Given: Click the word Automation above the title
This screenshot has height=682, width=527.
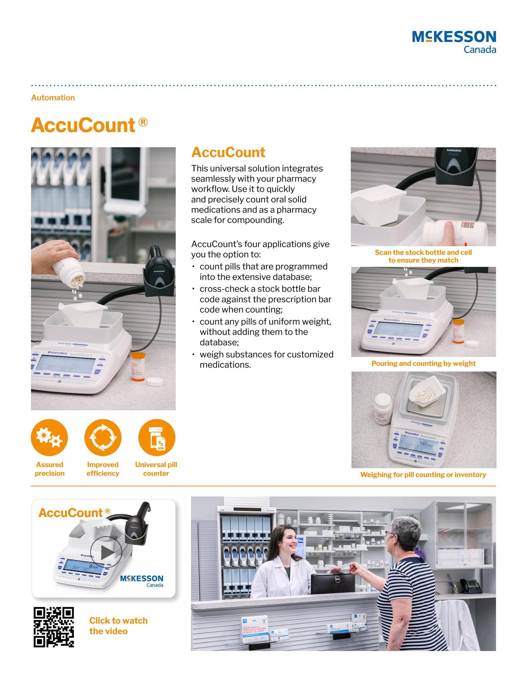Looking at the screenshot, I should tap(53, 98).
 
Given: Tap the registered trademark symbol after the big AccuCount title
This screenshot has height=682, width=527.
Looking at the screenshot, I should tap(143, 122).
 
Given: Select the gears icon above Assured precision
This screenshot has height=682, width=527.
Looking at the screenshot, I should tap(49, 437).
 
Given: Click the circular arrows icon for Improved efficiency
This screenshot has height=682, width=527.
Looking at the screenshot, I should tap(103, 437).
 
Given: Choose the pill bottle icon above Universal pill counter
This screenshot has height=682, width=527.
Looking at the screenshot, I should tap(156, 437).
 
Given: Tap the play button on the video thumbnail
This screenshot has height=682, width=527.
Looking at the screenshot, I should tap(106, 552).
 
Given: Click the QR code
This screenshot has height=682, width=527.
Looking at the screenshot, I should tap(54, 627).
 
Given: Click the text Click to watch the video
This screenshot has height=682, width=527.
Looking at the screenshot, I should tap(118, 625).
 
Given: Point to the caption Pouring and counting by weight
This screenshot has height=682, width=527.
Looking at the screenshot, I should tap(423, 363).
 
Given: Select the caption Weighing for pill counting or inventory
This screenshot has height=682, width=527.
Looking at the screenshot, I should tap(423, 475).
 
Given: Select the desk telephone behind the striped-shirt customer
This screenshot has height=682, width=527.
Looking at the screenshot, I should tap(470, 585).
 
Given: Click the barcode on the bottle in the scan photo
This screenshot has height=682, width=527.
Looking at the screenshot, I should tap(467, 225).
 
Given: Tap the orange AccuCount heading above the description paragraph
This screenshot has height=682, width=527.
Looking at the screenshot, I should tap(228, 153).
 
